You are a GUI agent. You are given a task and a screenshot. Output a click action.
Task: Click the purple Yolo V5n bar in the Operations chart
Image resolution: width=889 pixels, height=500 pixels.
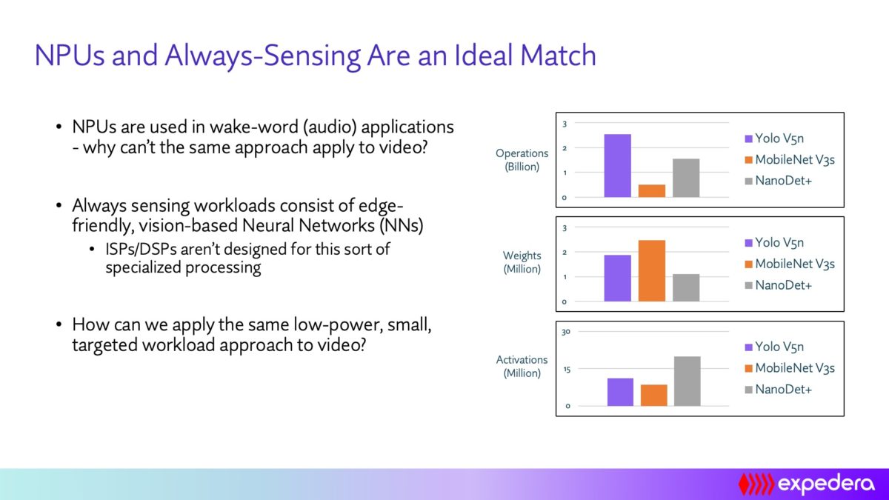(617, 166)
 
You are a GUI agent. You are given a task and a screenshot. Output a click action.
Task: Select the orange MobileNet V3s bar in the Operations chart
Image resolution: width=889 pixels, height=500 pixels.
(651, 190)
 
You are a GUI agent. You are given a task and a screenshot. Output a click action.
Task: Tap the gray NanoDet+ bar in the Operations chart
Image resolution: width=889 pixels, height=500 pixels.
(686, 178)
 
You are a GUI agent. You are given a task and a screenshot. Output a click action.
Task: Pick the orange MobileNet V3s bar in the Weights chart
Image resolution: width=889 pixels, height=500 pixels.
(651, 270)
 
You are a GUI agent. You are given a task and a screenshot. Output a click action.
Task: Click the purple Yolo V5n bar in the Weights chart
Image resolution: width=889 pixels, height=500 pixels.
(617, 278)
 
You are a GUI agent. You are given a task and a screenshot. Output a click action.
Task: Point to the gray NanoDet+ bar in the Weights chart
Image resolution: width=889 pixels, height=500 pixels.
(686, 287)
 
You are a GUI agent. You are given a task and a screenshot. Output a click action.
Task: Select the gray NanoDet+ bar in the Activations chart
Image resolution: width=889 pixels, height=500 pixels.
(687, 381)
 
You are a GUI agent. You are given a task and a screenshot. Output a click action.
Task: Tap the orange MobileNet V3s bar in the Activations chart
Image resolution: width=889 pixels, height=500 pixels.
(653, 395)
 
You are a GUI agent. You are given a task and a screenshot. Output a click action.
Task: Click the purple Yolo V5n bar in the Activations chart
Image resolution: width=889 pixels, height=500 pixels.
(620, 392)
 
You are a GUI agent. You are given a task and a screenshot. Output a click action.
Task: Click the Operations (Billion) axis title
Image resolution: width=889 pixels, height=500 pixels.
(522, 160)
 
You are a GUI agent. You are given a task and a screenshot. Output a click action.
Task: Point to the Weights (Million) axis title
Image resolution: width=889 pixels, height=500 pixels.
(522, 262)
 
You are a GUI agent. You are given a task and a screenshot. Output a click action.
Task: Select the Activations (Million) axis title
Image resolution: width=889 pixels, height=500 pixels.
(522, 367)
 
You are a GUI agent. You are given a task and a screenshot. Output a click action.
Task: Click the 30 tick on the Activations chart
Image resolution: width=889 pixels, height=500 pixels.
(565, 332)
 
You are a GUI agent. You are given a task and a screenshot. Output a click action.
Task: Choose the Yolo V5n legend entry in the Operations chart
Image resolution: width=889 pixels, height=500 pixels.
(779, 139)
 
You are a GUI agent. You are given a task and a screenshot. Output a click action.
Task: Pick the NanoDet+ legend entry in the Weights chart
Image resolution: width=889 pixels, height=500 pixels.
(783, 285)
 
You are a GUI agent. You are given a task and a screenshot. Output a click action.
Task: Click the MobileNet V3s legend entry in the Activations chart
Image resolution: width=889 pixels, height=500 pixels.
(794, 368)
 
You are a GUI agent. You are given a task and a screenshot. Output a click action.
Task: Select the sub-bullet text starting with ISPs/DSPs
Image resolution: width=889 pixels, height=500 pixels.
(247, 259)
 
